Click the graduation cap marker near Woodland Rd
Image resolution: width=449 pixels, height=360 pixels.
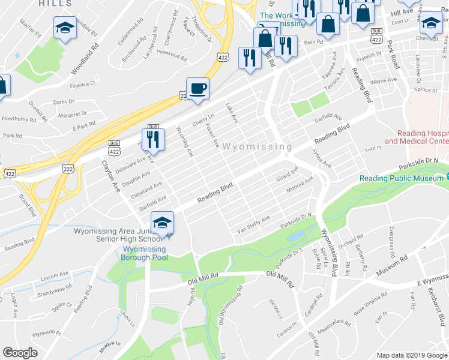(65, 28)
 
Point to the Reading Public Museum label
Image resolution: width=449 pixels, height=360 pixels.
(401, 178)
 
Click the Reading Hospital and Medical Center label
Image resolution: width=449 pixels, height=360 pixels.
(417, 137)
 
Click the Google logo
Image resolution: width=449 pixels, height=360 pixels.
(20, 353)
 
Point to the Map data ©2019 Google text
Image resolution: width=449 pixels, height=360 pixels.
(412, 355)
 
